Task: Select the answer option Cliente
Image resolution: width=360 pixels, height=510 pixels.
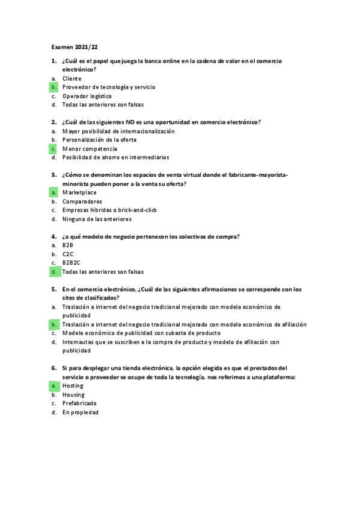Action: [72, 79]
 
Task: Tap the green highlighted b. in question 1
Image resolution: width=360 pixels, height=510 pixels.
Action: [53, 87]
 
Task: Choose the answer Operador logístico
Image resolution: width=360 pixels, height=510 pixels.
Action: [87, 96]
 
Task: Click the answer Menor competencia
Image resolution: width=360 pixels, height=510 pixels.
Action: [90, 149]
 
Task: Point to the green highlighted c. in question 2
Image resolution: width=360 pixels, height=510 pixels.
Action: [53, 149]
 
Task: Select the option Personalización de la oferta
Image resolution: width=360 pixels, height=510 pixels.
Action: [99, 140]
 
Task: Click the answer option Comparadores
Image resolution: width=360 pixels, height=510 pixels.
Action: [82, 201]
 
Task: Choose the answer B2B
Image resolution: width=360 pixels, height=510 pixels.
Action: [67, 245]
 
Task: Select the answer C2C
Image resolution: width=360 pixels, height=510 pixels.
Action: [67, 254]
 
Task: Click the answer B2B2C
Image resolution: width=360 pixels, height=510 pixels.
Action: [71, 263]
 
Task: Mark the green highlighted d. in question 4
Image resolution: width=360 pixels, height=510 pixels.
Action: [53, 272]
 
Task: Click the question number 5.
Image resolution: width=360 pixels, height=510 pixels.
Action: [53, 289]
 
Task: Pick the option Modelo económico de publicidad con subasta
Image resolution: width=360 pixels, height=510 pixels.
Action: [141, 333]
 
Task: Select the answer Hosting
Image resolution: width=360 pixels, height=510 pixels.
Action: [73, 386]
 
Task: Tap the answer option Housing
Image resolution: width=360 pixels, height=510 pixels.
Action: [73, 395]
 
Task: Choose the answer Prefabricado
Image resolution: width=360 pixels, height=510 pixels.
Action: [79, 403]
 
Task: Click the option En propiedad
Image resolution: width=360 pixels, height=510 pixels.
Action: [80, 412]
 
